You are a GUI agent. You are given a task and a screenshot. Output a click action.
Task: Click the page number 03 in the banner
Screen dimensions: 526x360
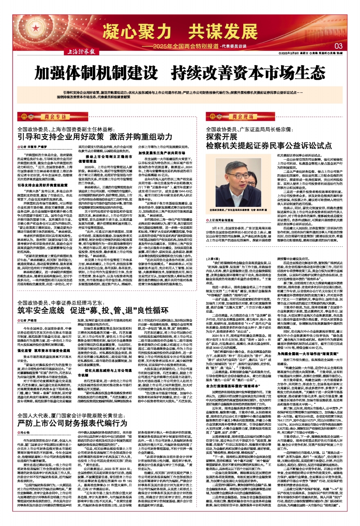[x=339, y=45]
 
